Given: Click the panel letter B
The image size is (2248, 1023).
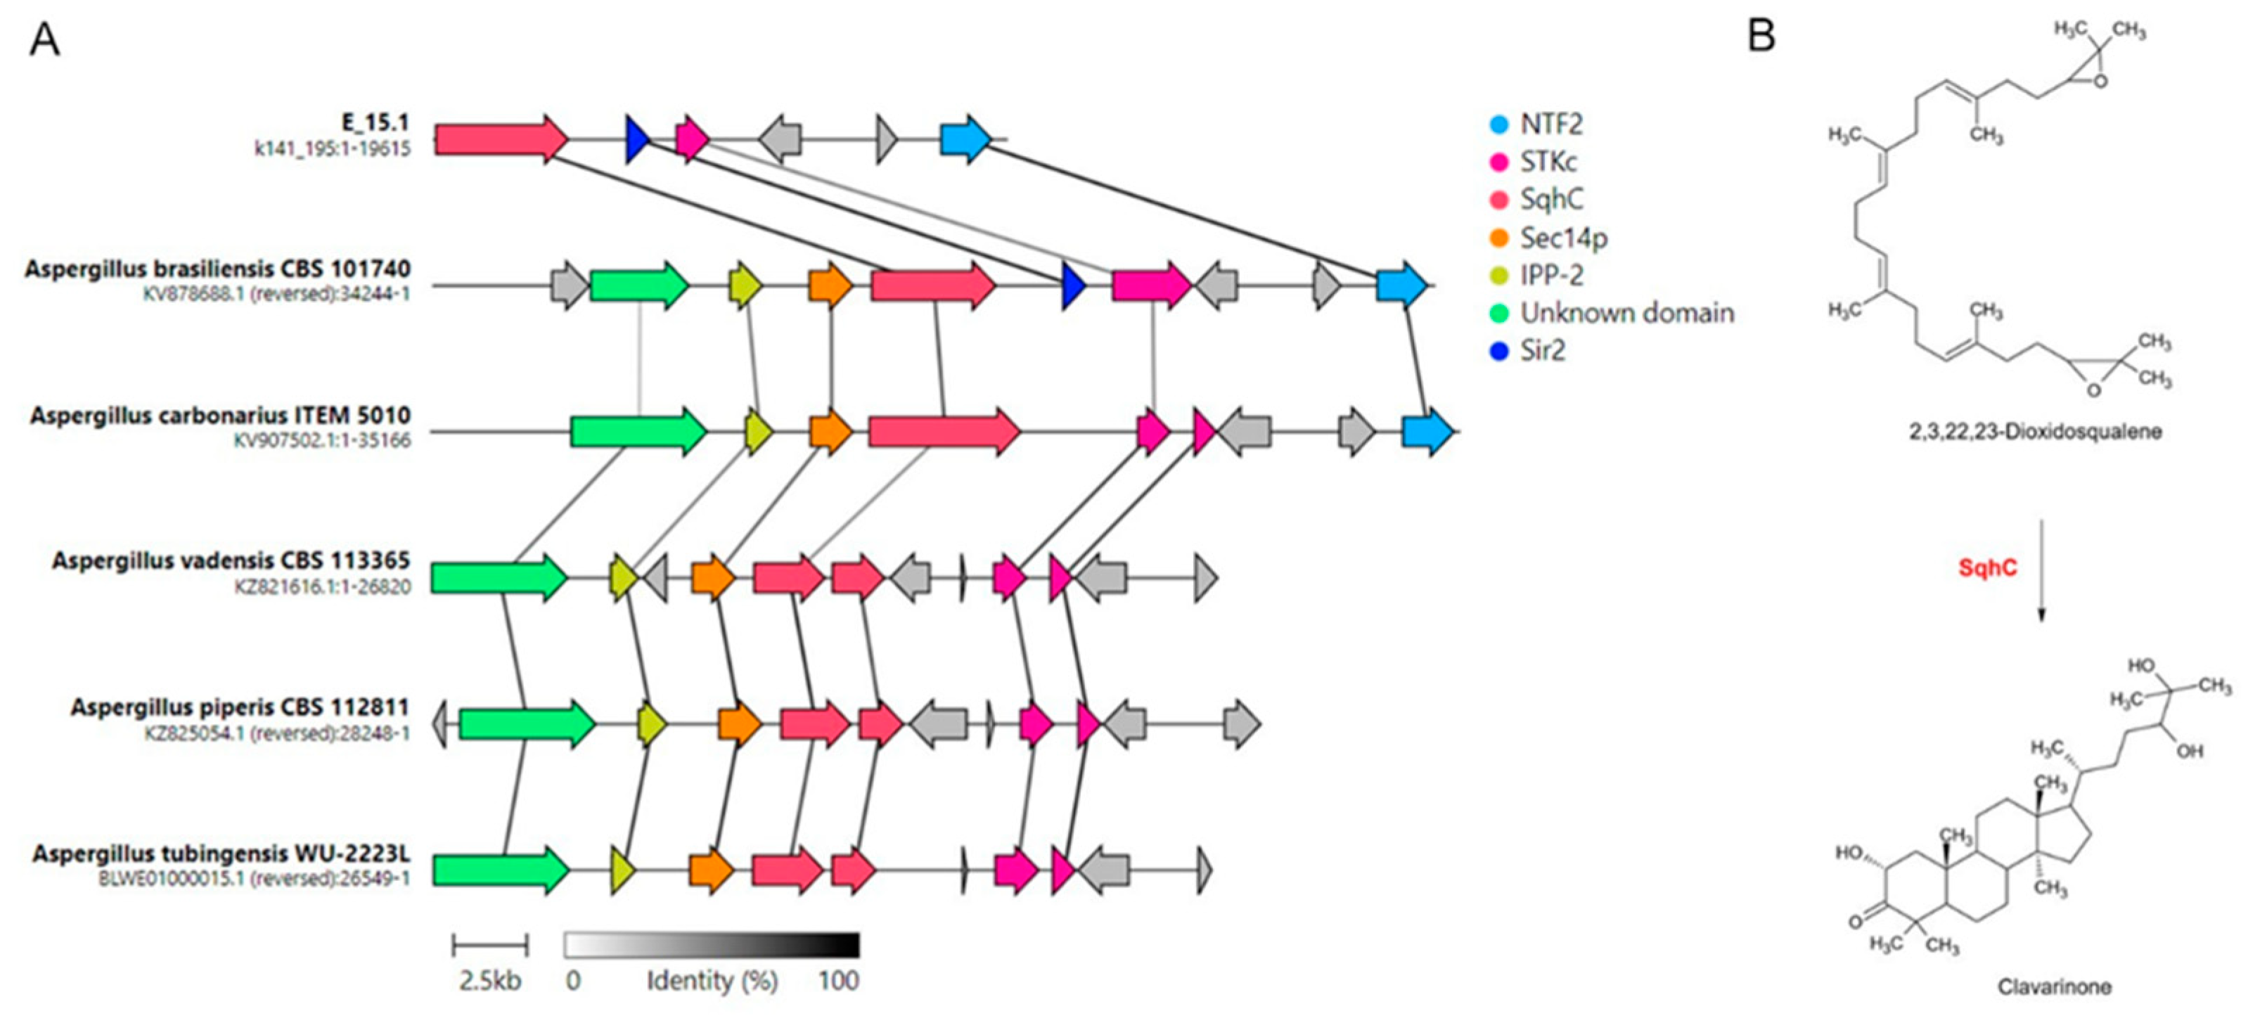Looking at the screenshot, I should pyautogui.click(x=1762, y=36).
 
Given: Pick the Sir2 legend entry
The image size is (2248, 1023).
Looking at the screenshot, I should pyautogui.click(x=1542, y=351).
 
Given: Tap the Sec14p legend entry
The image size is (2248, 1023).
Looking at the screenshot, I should pyautogui.click(x=1563, y=238).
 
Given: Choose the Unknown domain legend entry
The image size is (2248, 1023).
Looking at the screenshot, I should pyautogui.click(x=1626, y=312).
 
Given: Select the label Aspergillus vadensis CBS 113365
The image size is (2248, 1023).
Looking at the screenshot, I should pyautogui.click(x=231, y=560).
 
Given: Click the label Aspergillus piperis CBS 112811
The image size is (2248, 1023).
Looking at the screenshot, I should pyautogui.click(x=240, y=707).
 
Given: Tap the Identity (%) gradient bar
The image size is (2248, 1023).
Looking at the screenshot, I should pyautogui.click(x=711, y=946).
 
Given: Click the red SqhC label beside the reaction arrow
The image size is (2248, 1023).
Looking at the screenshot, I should pyautogui.click(x=1987, y=568).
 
